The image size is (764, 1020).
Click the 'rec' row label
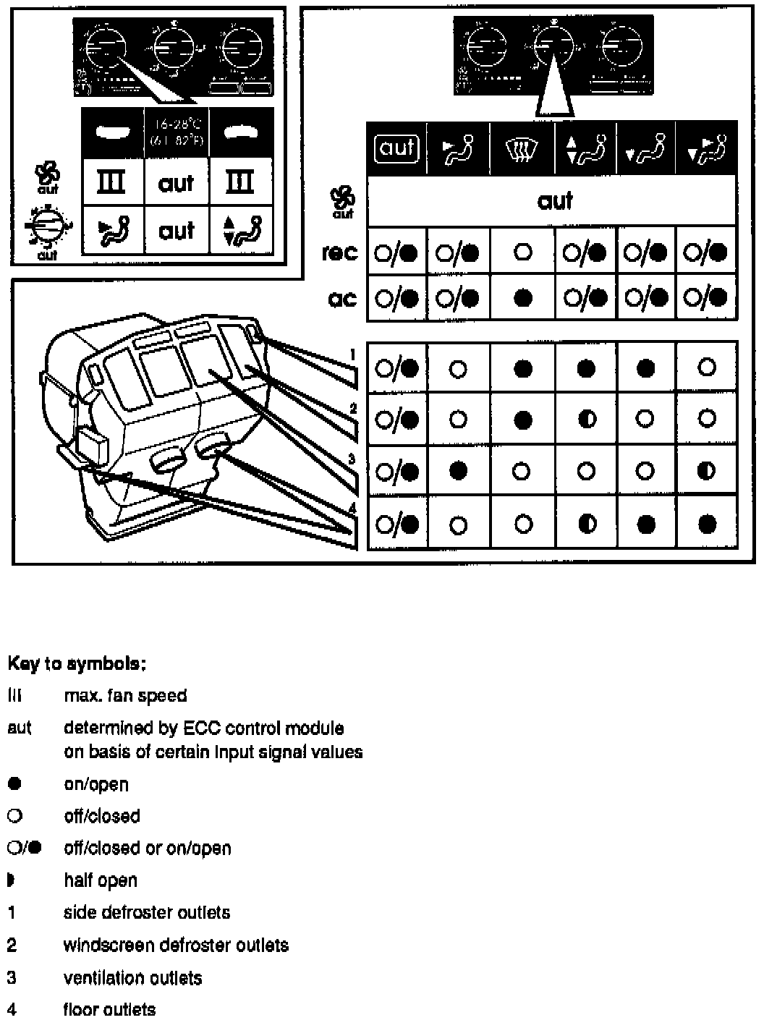point(339,253)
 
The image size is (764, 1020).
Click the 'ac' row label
point(342,298)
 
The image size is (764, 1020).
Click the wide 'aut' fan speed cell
point(553,200)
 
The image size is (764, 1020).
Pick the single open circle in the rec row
point(522,252)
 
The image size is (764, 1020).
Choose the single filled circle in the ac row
point(522,298)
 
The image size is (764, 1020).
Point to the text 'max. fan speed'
point(125,696)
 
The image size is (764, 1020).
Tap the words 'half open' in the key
point(100,880)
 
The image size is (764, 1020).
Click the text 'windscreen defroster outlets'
point(176,945)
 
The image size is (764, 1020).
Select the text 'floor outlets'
point(109,1009)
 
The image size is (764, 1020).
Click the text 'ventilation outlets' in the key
point(132,978)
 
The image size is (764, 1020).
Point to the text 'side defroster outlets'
point(147,912)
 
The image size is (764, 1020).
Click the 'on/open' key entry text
point(96,784)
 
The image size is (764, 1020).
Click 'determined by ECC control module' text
point(203,728)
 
